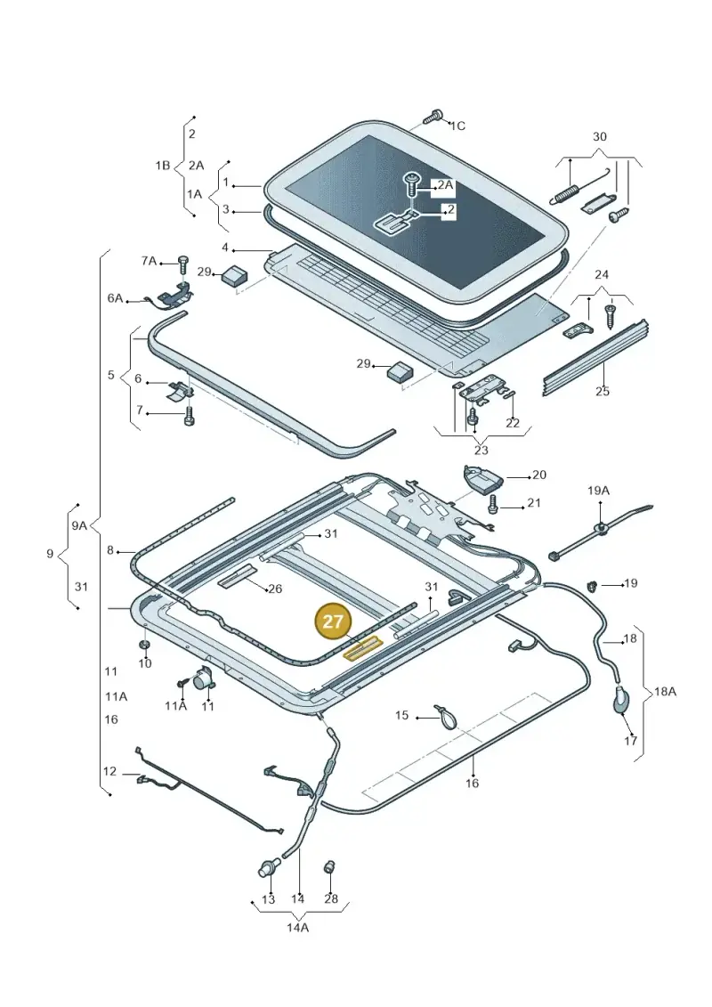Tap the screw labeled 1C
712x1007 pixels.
pos(433,118)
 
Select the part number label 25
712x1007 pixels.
pos(603,391)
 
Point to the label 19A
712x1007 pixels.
pos(598,491)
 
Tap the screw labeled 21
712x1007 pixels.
pos(493,504)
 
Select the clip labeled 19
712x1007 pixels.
pos(593,585)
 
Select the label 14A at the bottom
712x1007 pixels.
pos(298,928)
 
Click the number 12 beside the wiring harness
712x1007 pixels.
pos(109,771)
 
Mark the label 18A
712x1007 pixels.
pos(665,692)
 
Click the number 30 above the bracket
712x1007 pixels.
pos(599,136)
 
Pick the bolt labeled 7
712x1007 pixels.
pos(188,415)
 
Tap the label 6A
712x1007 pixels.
pos(115,298)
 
